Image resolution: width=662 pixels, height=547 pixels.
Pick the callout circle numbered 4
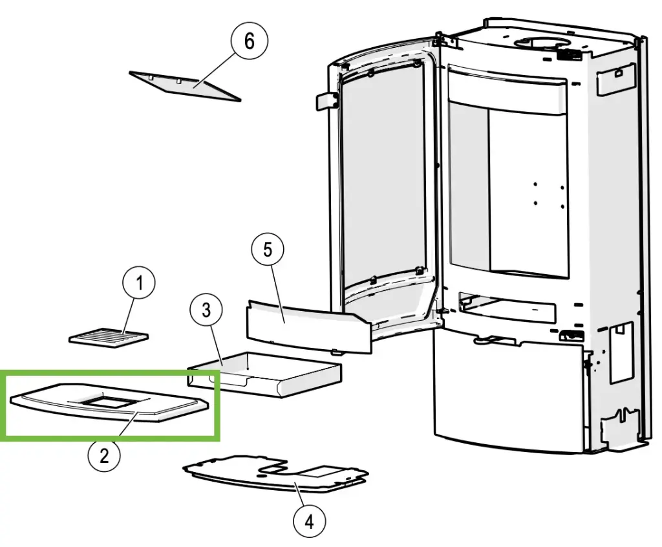point(309,520)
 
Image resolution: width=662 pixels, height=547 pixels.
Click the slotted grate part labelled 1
point(109,338)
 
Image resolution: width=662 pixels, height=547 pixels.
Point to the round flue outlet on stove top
point(539,44)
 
